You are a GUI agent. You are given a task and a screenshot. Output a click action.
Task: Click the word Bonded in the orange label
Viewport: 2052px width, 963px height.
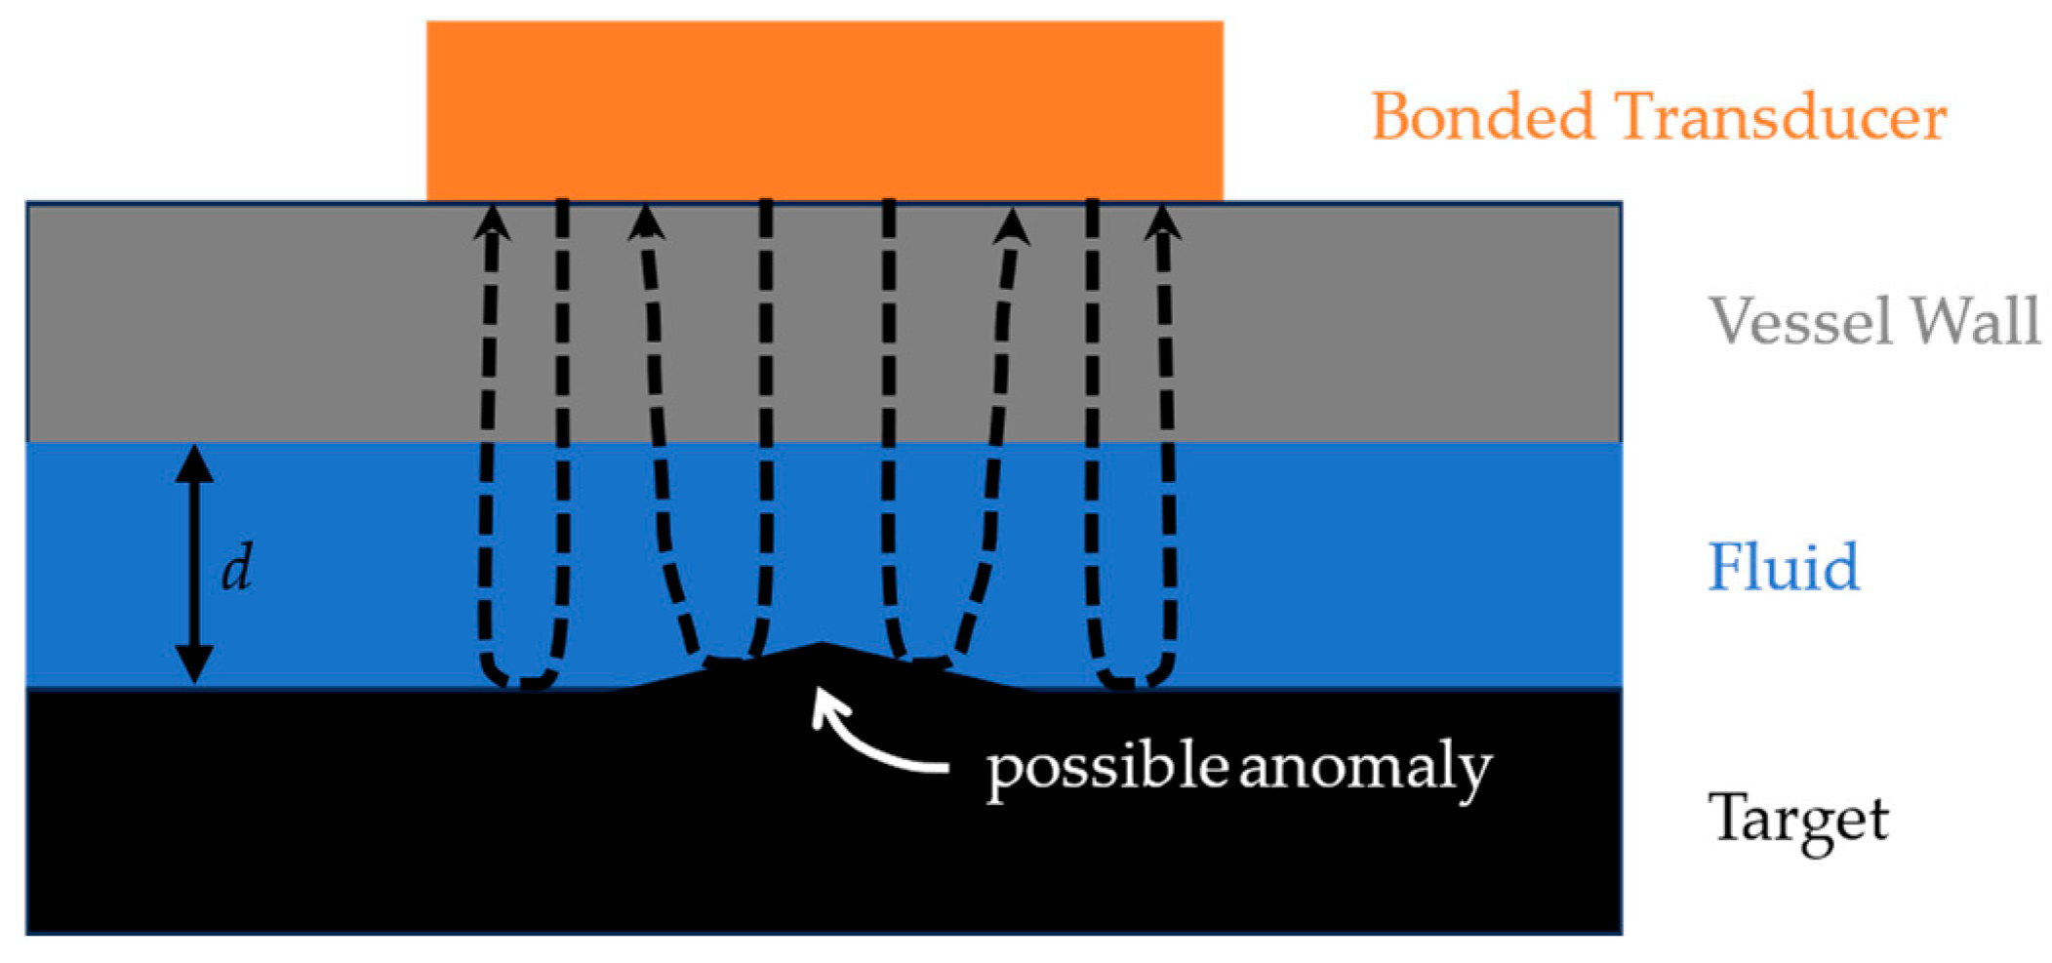[x=1482, y=118]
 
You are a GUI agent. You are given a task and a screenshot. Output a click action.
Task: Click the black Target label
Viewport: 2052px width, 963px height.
[x=1797, y=820]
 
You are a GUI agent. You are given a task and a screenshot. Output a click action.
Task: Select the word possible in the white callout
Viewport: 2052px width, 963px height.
[x=1106, y=769]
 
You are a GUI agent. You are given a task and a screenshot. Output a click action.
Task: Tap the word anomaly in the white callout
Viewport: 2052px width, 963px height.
[x=1365, y=769]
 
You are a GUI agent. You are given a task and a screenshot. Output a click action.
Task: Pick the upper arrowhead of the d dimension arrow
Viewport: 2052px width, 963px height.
[x=194, y=461]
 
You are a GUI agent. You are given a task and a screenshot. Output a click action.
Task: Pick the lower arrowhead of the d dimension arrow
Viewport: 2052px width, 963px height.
[x=194, y=667]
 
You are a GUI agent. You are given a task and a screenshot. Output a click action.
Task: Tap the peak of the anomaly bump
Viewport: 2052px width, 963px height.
[x=823, y=645]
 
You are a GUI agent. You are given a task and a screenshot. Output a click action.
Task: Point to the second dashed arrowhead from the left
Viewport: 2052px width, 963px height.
[x=646, y=222]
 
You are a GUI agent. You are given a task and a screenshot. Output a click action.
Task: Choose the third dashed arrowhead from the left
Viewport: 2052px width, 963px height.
[x=1012, y=226]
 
